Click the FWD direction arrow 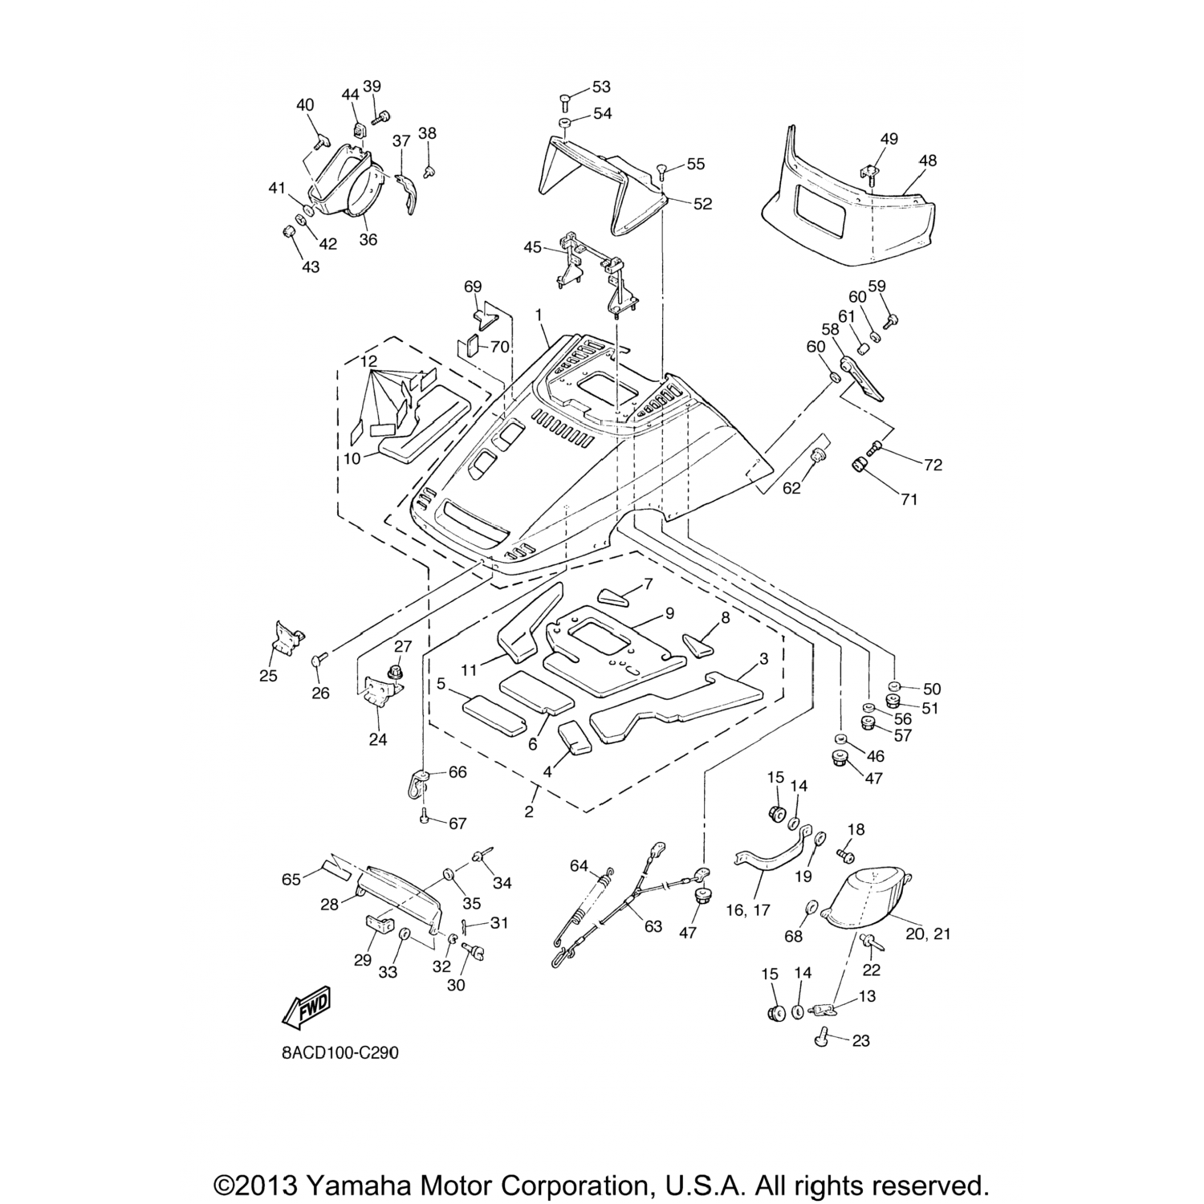coord(307,1005)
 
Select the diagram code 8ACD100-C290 coord(340,1052)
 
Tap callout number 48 coord(928,161)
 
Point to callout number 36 coord(368,239)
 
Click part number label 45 coord(533,247)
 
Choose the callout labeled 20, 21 coord(928,934)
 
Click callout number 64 coord(580,865)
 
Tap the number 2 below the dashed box coord(529,811)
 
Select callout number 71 coord(908,499)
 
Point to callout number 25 coord(268,676)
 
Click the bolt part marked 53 coord(566,100)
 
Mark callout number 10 coord(352,458)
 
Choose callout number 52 coord(702,204)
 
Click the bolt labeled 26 coord(315,660)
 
